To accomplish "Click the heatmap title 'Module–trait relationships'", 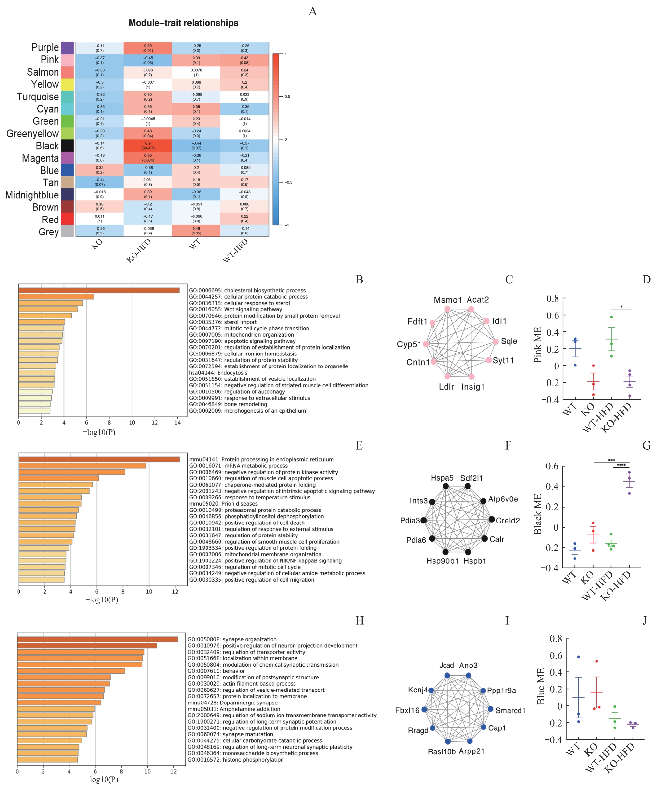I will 183,23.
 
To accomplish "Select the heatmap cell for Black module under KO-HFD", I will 148,146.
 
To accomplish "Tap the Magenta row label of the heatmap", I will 40,158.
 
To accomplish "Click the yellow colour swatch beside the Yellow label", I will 67,84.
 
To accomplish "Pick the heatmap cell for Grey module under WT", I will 196,231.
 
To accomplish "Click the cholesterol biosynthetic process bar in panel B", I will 99,290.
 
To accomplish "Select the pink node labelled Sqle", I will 495,341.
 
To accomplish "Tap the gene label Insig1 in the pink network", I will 473,387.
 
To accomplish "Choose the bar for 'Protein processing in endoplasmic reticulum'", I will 99,459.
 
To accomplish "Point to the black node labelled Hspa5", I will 445,486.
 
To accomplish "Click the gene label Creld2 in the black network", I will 508,521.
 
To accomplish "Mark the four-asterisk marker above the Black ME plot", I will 621,465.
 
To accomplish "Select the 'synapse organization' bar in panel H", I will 97,639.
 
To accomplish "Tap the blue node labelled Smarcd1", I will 490,709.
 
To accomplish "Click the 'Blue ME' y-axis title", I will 541,686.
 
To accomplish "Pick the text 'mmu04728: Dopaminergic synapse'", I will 232,703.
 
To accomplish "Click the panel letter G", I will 646,445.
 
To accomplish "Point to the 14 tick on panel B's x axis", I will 177,423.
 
